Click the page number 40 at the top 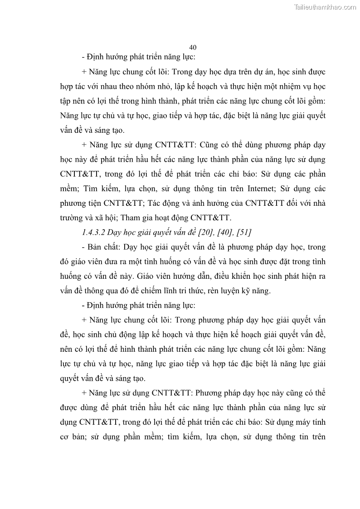pyautogui.click(x=192, y=48)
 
